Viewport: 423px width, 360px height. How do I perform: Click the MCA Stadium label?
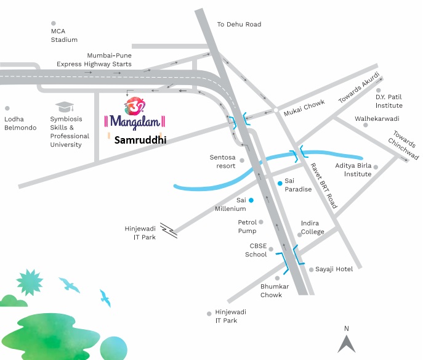[x=64, y=35]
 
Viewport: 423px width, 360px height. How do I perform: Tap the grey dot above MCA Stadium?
[x=54, y=23]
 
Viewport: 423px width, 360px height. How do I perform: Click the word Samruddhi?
[x=140, y=140]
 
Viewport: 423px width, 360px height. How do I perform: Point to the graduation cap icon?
[x=63, y=108]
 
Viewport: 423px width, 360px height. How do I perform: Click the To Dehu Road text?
[x=239, y=25]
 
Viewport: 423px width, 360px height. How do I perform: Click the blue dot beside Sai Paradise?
[x=280, y=183]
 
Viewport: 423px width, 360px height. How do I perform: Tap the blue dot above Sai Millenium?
[x=251, y=200]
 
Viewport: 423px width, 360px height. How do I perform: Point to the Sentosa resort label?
[x=222, y=162]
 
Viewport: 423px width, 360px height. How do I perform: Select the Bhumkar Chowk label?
[x=271, y=291]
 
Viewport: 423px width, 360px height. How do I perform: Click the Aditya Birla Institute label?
[x=353, y=170]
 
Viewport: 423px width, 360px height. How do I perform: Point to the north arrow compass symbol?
[x=347, y=342]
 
